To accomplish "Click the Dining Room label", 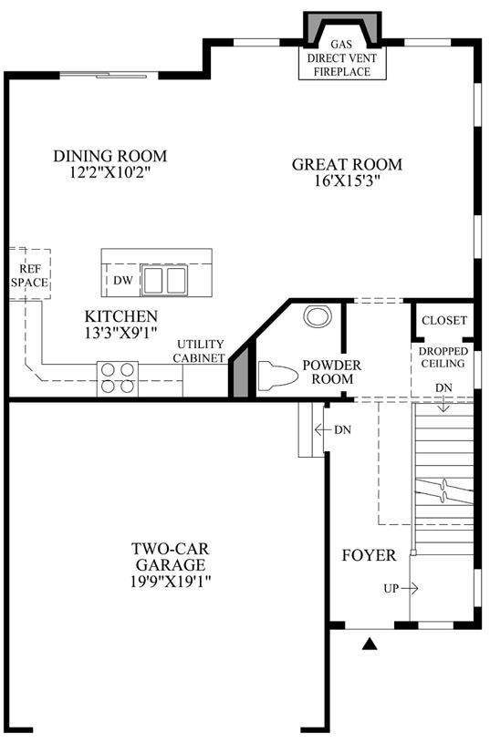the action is [110, 156].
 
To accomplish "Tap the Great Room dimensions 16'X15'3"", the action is [348, 181].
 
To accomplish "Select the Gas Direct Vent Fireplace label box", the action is [341, 58].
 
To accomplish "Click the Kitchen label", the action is [121, 316].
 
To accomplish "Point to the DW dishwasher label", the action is [123, 281].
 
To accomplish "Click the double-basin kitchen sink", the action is [164, 280].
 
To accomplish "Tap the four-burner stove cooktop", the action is [118, 378].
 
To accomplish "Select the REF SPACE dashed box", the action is [30, 273].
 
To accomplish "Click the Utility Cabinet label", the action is [199, 351].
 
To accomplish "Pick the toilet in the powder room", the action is [278, 376].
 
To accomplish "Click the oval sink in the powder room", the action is [317, 316].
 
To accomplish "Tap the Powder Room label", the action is [332, 372].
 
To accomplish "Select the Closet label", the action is [444, 320].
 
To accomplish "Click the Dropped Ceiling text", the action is [443, 357].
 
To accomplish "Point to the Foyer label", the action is [369, 555].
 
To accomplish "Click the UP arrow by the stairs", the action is [410, 589].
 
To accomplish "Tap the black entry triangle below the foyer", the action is [370, 644].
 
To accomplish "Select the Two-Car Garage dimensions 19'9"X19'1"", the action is [171, 581].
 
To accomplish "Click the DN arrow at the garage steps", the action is [322, 429].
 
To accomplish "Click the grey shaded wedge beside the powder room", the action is [241, 372].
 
